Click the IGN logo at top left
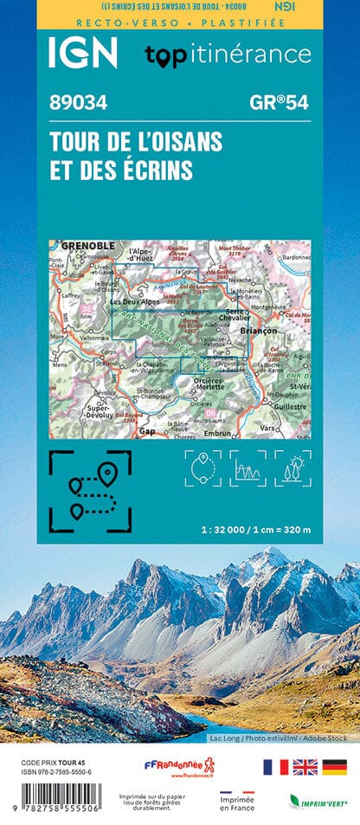click(83, 54)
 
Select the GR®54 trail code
click(279, 102)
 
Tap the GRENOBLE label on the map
click(87, 247)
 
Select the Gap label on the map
click(147, 430)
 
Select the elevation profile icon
click(247, 468)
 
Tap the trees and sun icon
click(292, 468)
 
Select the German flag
click(335, 767)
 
